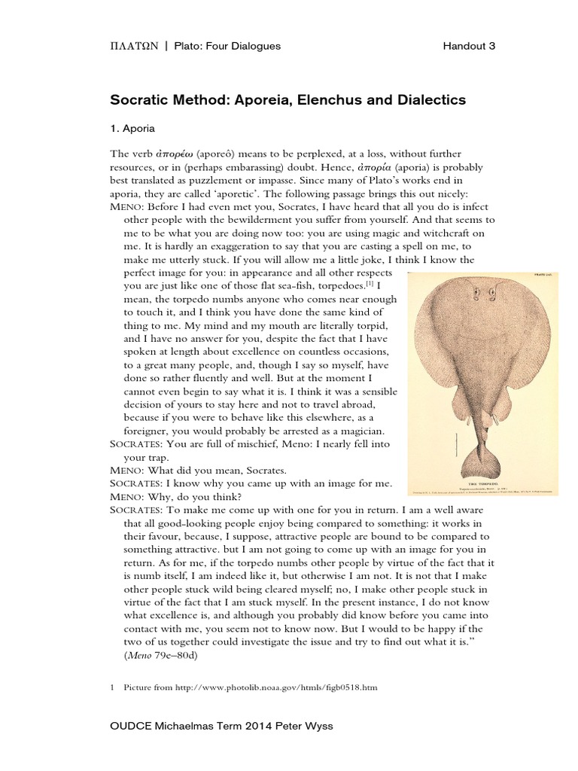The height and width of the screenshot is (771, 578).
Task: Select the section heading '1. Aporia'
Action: [132, 128]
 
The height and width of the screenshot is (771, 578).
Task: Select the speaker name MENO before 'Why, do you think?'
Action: [127, 495]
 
